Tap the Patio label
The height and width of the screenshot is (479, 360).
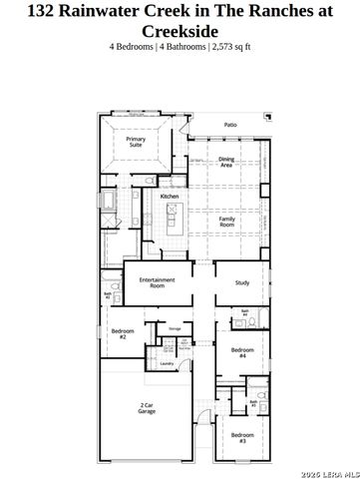point(230,125)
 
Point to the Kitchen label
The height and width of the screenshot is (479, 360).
point(170,197)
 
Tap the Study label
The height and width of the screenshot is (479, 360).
point(241,283)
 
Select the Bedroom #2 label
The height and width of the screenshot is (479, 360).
point(124,334)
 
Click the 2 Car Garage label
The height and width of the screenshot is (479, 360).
point(147,407)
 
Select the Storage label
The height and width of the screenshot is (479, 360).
point(174,327)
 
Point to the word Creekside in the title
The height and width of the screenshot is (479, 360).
point(180,31)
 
